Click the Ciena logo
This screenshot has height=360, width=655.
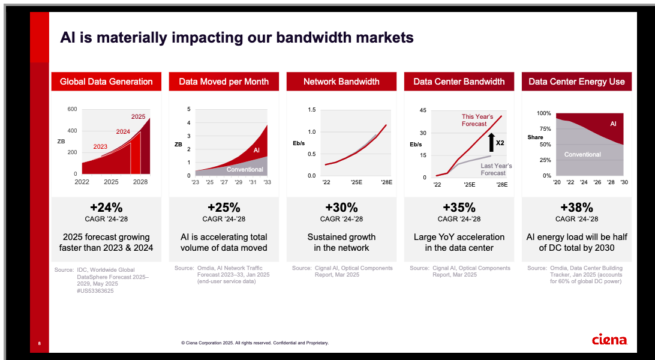[609, 340]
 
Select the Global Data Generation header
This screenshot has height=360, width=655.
[106, 82]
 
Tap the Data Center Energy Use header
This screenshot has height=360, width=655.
[576, 82]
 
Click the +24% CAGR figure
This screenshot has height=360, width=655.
[106, 208]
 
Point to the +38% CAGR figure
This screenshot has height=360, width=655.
[576, 208]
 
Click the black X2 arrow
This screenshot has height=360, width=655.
[491, 142]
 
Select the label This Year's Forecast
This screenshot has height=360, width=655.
[477, 120]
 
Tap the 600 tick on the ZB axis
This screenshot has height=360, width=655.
[73, 109]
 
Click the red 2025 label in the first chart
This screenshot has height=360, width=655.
[138, 116]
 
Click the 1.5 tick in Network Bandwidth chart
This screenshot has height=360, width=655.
[312, 110]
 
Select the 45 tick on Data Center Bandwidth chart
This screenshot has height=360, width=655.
[423, 110]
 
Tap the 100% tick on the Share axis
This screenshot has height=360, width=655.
[544, 113]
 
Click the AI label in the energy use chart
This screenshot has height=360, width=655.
[613, 124]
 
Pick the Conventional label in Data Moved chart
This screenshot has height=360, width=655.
[245, 169]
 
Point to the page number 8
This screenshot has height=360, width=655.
[39, 343]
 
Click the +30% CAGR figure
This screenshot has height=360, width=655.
[341, 208]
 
